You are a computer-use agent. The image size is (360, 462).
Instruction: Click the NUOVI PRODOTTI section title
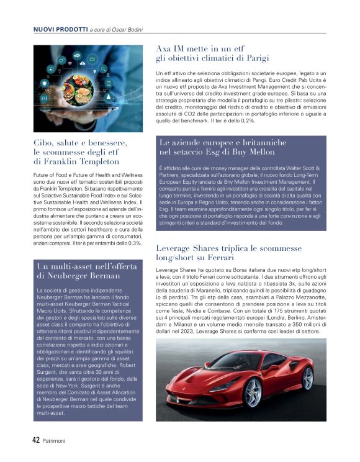60,29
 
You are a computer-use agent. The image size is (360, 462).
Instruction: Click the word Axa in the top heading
164,48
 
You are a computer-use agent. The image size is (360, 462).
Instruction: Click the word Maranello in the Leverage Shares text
210,290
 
